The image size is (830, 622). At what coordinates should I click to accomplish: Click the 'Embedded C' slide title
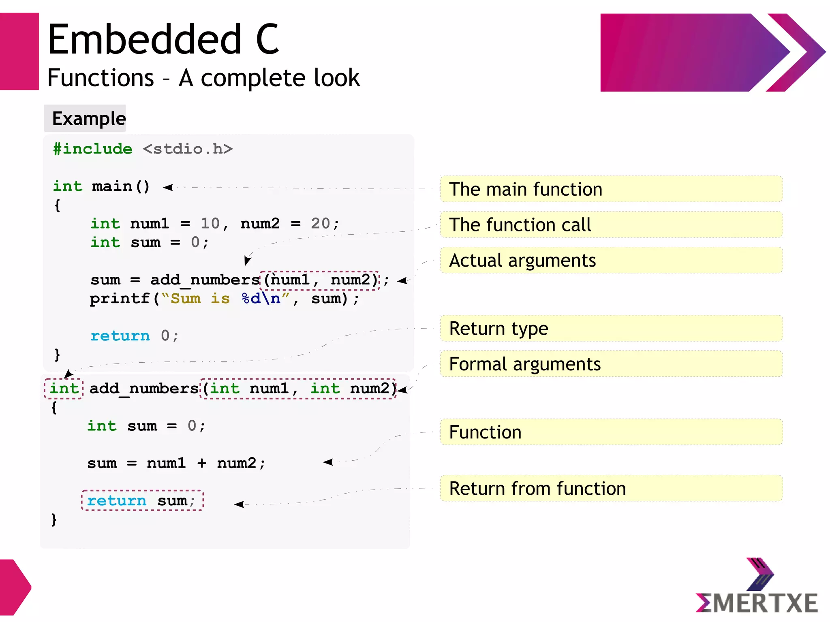[x=163, y=39]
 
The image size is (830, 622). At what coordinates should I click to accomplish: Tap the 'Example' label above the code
[x=89, y=119]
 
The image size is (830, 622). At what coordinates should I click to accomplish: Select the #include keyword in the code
[x=93, y=149]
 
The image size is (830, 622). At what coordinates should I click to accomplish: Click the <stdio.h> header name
[x=188, y=149]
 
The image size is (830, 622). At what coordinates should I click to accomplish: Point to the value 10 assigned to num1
[x=210, y=223]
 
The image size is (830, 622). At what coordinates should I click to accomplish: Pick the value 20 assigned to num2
[x=320, y=223]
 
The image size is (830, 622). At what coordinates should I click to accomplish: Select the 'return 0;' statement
[x=134, y=336]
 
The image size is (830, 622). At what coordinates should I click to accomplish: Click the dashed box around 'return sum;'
[x=142, y=500]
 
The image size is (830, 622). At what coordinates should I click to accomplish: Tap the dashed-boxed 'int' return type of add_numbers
[x=64, y=389]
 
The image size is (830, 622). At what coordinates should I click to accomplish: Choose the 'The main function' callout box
[x=611, y=189]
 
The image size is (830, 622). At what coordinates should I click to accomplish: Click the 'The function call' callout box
[x=611, y=225]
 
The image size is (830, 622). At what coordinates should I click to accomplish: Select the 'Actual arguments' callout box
[x=611, y=261]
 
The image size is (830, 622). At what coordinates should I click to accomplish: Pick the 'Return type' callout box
[x=611, y=329]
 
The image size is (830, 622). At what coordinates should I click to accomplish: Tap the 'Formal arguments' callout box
[x=611, y=364]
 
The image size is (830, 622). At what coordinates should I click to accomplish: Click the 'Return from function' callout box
[x=611, y=488]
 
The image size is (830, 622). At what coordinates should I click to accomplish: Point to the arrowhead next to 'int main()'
[x=168, y=187]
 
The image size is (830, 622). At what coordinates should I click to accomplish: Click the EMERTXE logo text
[x=757, y=603]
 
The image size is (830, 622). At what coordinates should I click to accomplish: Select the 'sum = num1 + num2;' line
[x=176, y=463]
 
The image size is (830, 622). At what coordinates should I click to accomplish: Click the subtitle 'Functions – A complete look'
[x=203, y=78]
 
